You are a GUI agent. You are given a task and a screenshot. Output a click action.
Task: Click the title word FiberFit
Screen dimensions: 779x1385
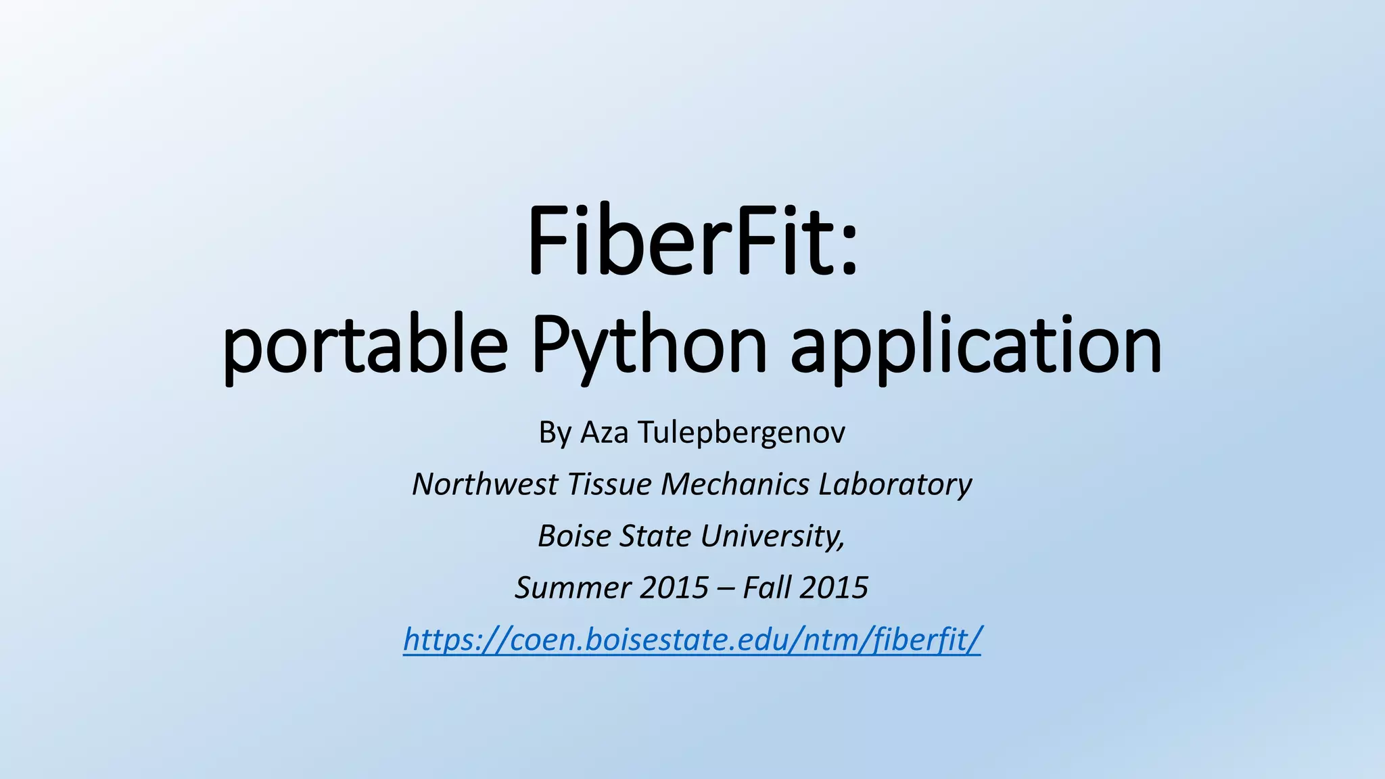[679, 241]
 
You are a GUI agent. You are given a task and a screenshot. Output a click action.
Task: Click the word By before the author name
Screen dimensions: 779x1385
[555, 433]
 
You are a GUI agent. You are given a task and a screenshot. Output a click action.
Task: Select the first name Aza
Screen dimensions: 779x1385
[605, 433]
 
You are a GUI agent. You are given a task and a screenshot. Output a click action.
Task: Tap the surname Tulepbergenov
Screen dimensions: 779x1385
[741, 433]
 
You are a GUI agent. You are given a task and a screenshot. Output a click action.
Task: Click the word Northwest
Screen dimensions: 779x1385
[486, 484]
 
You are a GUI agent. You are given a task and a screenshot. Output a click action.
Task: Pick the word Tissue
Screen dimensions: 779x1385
[609, 484]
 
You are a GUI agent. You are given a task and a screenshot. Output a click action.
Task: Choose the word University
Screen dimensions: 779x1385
[772, 536]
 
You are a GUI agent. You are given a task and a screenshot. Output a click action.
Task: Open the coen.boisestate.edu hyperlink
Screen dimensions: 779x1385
[692, 639]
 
